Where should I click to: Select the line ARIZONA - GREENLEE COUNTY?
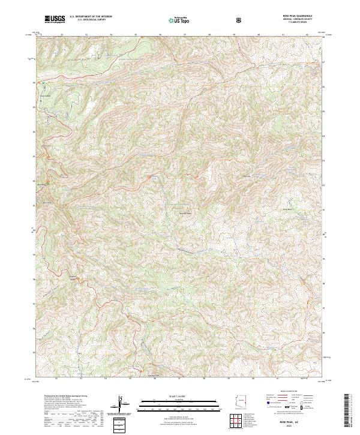(292, 19)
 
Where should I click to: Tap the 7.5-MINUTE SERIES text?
(292, 22)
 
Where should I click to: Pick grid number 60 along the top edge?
(258, 35)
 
